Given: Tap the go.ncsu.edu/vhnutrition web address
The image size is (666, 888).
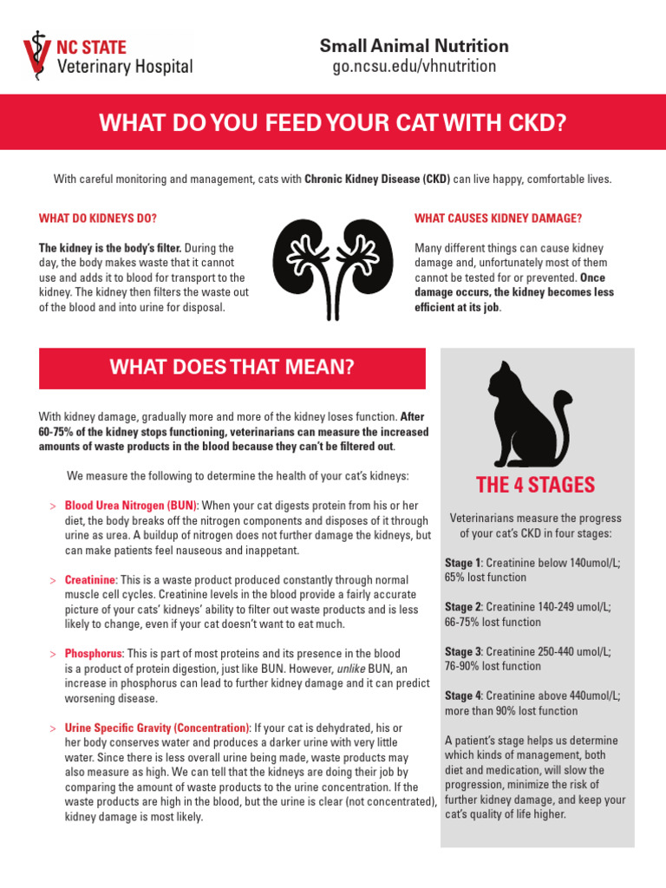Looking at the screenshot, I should coord(415,66).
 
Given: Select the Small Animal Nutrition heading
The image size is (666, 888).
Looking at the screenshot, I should coord(415,46).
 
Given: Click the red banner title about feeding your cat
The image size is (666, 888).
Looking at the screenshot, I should coord(332,123).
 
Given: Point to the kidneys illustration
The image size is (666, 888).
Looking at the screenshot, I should coord(332,269).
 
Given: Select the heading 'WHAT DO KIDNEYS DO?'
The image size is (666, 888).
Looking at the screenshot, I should coord(98,218).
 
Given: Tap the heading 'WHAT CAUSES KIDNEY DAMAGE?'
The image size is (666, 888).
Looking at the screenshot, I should coord(498,218).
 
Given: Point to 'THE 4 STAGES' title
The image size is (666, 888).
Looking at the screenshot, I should coord(536,485).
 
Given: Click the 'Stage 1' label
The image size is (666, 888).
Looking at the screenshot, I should coord(463,563).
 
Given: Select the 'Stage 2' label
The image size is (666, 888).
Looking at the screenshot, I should coord(463,607).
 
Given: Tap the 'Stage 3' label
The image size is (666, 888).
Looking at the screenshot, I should coord(463,651).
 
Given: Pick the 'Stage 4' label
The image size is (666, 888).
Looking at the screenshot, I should coord(464,695).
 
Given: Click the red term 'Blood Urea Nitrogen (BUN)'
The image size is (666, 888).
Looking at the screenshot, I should coord(132,506).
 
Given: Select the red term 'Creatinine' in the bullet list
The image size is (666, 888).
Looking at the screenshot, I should coord(90,579).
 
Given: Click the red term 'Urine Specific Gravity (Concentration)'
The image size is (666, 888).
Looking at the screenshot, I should coord(157,727).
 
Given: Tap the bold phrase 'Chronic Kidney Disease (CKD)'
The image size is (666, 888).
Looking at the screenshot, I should coord(377,180).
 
